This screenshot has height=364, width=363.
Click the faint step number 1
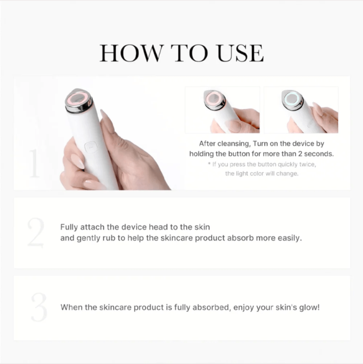coord(34,164)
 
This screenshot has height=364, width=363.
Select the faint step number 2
coord(36,233)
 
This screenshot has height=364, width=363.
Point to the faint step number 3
coord(38,307)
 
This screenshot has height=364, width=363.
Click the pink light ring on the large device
coord(79,98)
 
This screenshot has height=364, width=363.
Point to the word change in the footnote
coord(287,173)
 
